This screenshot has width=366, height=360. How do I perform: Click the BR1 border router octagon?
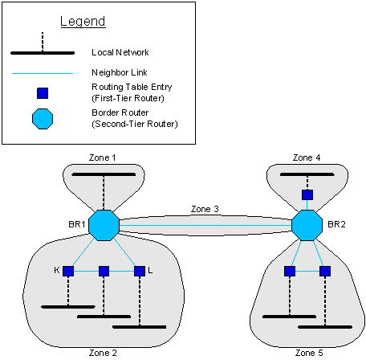(104, 225)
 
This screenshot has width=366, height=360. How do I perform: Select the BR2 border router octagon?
(307, 225)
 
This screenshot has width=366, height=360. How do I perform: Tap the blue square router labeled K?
(68, 271)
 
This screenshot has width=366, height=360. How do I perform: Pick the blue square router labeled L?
(140, 271)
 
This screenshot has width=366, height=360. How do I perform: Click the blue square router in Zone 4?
(307, 194)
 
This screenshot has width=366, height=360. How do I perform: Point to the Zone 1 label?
(103, 157)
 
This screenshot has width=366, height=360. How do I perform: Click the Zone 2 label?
(103, 353)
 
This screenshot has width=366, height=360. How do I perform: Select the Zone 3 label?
(205, 209)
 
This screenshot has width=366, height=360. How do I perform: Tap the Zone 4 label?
(307, 157)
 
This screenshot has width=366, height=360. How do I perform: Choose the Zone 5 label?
(309, 353)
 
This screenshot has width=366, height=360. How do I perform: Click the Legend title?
(83, 22)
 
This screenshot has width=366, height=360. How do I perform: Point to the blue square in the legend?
(43, 93)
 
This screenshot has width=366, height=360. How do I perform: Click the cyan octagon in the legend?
(43, 119)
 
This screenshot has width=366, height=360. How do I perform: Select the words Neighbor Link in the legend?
(120, 72)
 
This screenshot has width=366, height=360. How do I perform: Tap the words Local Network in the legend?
(120, 52)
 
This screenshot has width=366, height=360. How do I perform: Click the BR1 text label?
(77, 224)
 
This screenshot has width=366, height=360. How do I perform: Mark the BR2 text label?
(336, 224)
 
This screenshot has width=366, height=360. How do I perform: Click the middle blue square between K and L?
(104, 271)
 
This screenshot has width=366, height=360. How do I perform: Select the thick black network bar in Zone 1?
(104, 174)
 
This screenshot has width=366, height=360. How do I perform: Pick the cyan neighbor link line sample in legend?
(43, 73)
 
